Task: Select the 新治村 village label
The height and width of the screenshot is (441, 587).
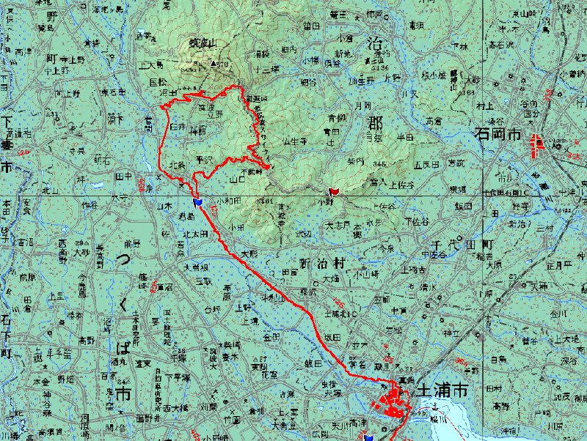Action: coord(321,264)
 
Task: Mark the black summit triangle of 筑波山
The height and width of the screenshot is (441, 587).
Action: coord(214,64)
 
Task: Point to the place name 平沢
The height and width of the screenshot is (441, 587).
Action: coord(204,157)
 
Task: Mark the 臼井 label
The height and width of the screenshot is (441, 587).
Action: coord(178,127)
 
